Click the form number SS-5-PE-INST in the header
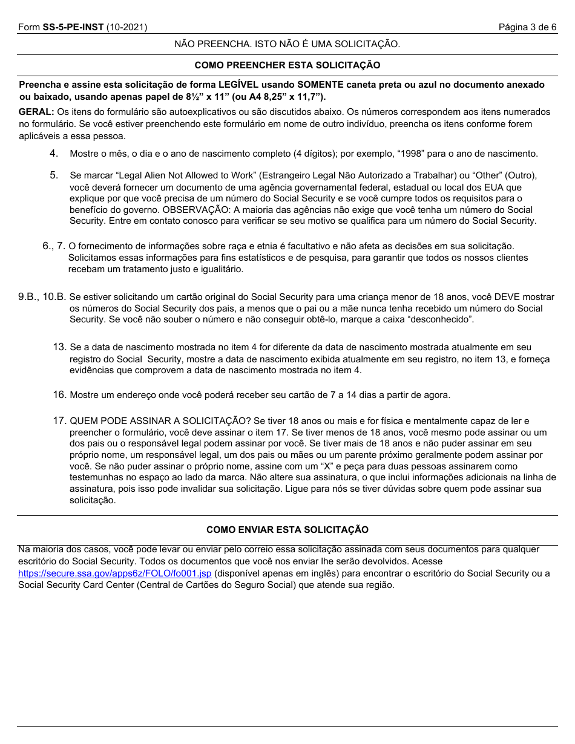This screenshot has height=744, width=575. tap(72, 27)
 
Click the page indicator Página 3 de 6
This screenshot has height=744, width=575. tap(527, 27)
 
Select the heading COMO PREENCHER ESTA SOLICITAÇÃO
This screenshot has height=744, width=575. tap(287, 65)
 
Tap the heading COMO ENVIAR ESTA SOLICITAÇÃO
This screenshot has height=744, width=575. tap(287, 530)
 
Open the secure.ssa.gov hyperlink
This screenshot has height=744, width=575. tap(114, 573)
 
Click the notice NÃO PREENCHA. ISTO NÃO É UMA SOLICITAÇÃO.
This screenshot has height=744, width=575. tap(287, 44)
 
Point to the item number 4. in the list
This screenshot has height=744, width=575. tap(54, 154)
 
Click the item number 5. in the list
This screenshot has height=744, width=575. tap(54, 175)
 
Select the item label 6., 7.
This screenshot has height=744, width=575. tap(54, 246)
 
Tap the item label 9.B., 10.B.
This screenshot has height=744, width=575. tap(42, 297)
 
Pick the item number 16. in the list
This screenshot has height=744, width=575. tap(59, 395)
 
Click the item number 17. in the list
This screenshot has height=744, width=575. tap(59, 420)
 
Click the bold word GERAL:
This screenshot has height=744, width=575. tap(36, 112)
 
